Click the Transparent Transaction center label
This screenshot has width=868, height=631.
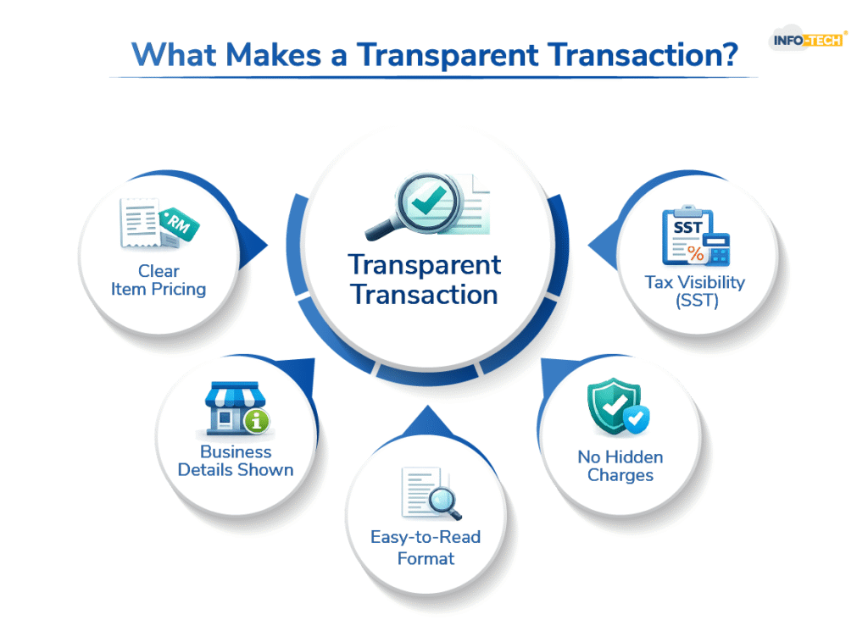pyautogui.click(x=425, y=280)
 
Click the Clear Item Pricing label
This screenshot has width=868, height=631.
pyautogui.click(x=159, y=280)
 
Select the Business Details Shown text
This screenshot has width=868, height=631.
pyautogui.click(x=236, y=461)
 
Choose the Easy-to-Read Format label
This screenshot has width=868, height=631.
pyautogui.click(x=426, y=547)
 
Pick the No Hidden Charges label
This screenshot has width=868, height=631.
pyautogui.click(x=620, y=466)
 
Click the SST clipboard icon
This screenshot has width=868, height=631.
pyautogui.click(x=686, y=236)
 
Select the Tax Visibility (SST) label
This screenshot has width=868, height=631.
pyautogui.click(x=694, y=291)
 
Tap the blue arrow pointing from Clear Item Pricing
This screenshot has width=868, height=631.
pyautogui.click(x=253, y=246)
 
